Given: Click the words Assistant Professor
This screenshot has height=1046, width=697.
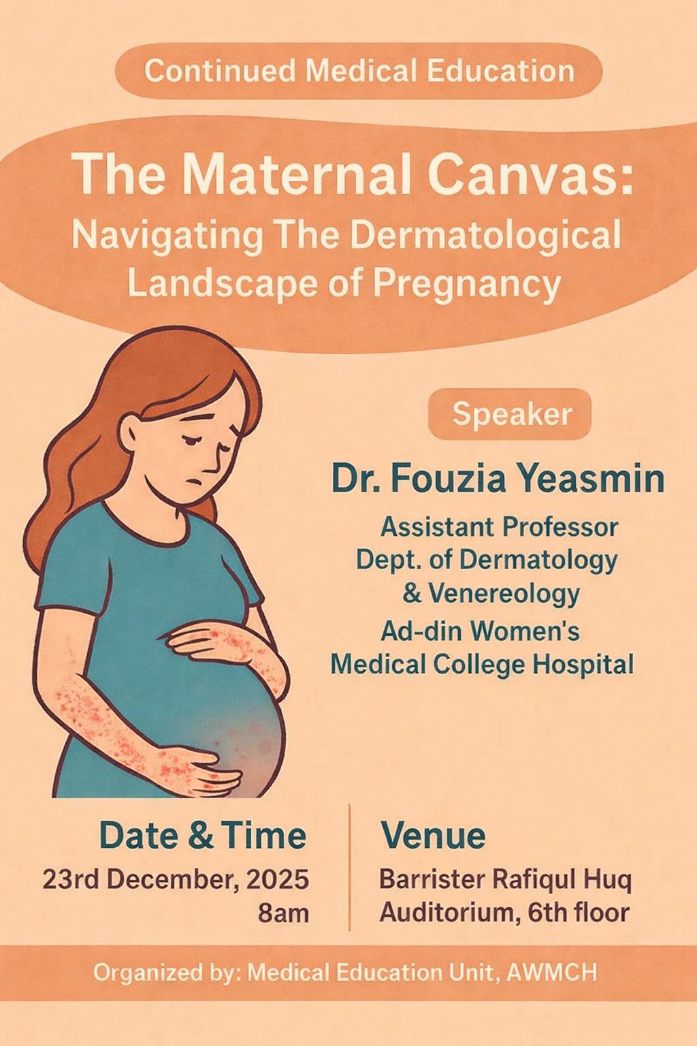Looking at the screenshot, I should point(499,526).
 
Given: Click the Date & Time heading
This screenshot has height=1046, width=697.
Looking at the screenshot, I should point(203,836).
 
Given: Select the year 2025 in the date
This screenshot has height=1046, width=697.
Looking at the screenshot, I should point(276,879).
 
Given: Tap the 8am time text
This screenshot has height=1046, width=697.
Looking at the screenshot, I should point(283,913).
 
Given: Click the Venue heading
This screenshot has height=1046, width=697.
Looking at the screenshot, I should point(433,836).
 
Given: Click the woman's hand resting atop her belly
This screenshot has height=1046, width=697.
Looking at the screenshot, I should point(225,643).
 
